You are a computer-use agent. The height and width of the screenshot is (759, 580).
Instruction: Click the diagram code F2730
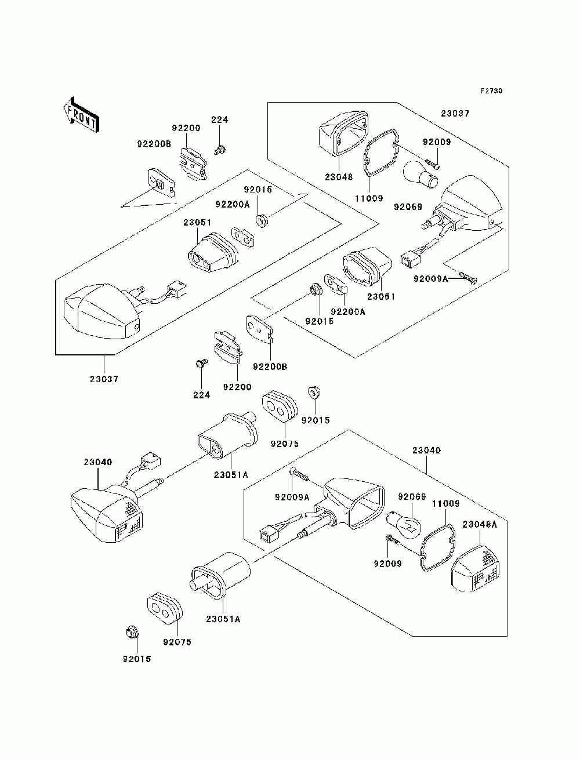[x=491, y=91]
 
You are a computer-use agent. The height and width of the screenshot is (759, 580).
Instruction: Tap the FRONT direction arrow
[x=81, y=114]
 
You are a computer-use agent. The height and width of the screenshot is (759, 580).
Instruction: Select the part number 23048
[x=339, y=177]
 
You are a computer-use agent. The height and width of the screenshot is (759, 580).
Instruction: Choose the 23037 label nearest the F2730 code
[x=455, y=114]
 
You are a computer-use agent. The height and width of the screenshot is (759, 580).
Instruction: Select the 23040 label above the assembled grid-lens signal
[x=97, y=462]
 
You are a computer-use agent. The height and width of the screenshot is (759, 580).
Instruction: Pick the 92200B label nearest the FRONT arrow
[x=154, y=143]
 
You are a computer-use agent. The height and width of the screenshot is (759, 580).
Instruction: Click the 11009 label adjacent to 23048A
[x=445, y=504]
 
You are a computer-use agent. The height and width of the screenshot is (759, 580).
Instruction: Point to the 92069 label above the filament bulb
[x=412, y=497]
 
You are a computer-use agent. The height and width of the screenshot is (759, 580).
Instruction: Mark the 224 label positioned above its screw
[x=220, y=119]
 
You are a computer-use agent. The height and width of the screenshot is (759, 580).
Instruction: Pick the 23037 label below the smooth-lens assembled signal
[x=104, y=379]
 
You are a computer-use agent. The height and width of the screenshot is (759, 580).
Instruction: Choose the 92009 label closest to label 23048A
[x=387, y=564]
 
